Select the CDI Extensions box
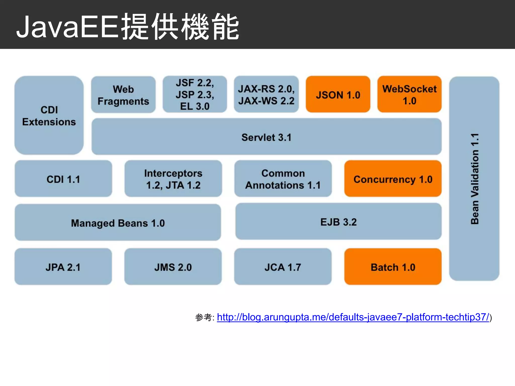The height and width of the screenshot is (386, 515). pyautogui.click(x=49, y=116)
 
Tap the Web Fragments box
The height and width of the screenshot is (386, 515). pyautogui.click(x=123, y=95)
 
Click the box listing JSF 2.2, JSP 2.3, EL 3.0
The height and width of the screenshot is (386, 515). pyautogui.click(x=195, y=94)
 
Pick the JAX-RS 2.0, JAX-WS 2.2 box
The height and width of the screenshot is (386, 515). pyautogui.click(x=266, y=94)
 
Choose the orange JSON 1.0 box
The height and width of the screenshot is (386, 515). pyautogui.click(x=338, y=95)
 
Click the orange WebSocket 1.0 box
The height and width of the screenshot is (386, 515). pyautogui.click(x=409, y=94)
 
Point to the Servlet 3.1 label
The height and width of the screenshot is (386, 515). pyautogui.click(x=266, y=137)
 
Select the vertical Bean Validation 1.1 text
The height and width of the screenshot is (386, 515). pyautogui.click(x=475, y=179)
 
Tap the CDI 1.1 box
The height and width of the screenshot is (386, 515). pyautogui.click(x=63, y=179)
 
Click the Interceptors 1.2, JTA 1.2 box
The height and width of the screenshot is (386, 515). pyautogui.click(x=173, y=179)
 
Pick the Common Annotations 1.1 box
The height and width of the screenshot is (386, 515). pyautogui.click(x=283, y=179)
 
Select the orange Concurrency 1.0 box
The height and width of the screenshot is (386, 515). pyautogui.click(x=393, y=179)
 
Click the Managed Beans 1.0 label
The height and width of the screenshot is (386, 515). pyautogui.click(x=118, y=223)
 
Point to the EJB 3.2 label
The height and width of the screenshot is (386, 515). pyautogui.click(x=338, y=222)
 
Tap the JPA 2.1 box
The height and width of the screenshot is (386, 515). pyautogui.click(x=63, y=267)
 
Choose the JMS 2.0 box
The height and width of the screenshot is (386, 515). pyautogui.click(x=173, y=267)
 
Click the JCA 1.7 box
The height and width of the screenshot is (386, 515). pyautogui.click(x=283, y=267)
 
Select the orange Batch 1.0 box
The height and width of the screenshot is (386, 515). pyautogui.click(x=393, y=267)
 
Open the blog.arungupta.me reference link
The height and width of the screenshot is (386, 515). pyautogui.click(x=353, y=317)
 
